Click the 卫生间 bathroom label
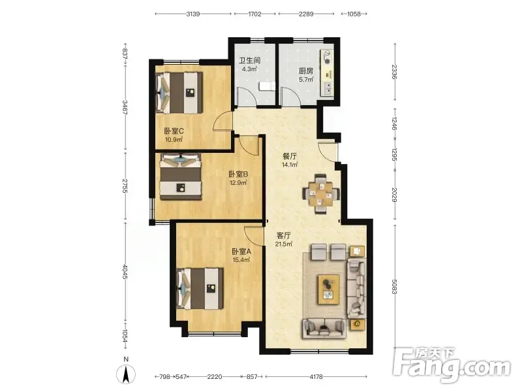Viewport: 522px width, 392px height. (249, 61)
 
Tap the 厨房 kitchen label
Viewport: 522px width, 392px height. (305, 71)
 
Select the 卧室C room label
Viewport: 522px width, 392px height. (174, 131)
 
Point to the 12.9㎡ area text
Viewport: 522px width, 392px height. (238, 183)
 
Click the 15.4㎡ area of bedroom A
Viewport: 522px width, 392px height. (241, 260)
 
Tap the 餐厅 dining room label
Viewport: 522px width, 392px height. (289, 156)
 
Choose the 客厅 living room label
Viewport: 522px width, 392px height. (284, 236)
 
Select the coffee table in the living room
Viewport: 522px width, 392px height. (329, 289)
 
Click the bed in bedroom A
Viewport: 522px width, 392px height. (200, 289)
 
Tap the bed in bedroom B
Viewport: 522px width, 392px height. (181, 176)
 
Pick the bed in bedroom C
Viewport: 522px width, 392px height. (179, 93)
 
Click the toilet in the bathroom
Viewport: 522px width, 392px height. (267, 86)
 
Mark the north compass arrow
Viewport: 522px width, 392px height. (126, 374)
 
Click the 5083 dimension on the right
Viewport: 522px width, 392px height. (394, 287)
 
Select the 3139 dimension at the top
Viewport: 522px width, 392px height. (193, 14)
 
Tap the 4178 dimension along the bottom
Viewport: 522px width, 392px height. (316, 377)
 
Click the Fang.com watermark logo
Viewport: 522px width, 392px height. (452, 366)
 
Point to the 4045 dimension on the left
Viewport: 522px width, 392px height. (125, 272)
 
